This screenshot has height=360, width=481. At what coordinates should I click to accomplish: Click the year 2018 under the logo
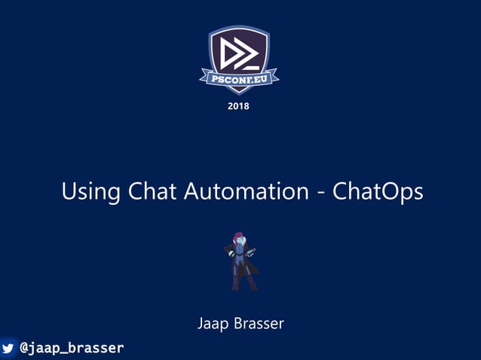coord(238,106)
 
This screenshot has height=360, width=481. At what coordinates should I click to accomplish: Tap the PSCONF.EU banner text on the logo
coord(239,76)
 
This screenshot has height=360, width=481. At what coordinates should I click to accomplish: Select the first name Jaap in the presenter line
coord(213,324)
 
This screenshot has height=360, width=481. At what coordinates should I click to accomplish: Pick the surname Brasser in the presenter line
coord(259,324)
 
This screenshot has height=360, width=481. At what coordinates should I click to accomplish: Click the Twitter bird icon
coord(8,348)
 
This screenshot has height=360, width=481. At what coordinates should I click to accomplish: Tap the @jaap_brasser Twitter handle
coord(72,348)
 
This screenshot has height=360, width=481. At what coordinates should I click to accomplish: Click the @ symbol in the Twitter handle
coord(25,348)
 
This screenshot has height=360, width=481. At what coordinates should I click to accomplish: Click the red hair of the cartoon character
coord(238,236)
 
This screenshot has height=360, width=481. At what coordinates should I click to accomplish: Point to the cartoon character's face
coord(239,243)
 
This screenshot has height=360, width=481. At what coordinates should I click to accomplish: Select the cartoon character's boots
coord(244,285)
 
